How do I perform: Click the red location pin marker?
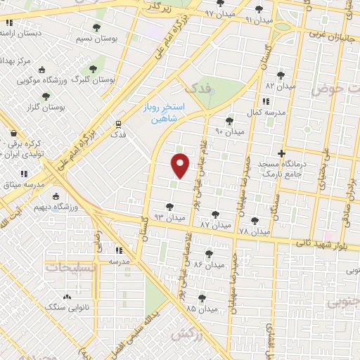[181, 166]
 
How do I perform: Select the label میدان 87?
[215, 223]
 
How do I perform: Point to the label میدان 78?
[254, 231]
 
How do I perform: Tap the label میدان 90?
[229, 131]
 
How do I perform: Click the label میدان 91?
[259, 19]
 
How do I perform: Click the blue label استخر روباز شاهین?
[174, 113]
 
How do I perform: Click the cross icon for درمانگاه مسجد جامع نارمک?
[281, 153]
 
